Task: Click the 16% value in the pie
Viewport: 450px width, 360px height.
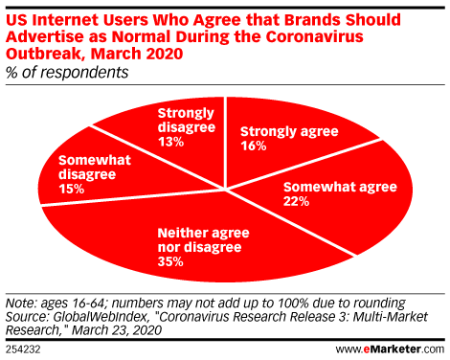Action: [x=254, y=146]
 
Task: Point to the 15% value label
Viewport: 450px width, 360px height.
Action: [x=71, y=191]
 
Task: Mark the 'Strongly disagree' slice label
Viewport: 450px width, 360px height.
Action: [x=178, y=120]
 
